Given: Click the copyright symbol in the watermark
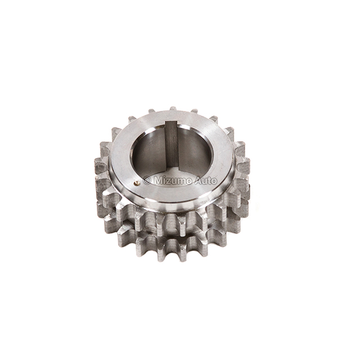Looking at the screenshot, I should [x=147, y=181].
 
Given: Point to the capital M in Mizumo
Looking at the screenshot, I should [x=156, y=181].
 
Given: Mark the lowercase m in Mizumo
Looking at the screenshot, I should [x=178, y=181].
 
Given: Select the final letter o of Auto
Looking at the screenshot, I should [x=212, y=181].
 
